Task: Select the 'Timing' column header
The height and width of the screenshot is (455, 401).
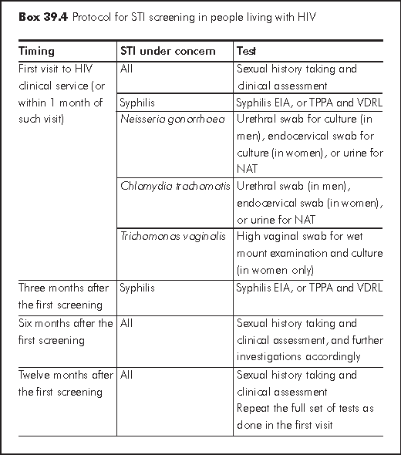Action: tap(36, 52)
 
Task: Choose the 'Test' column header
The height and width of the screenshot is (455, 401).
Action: tap(248, 52)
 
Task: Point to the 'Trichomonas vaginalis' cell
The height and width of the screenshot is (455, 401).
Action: tap(173, 237)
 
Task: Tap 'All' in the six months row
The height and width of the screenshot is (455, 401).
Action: tap(126, 323)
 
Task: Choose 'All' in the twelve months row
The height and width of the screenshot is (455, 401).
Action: tap(126, 376)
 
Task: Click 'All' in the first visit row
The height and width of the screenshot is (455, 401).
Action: tap(126, 69)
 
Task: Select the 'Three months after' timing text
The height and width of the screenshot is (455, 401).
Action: tap(64, 288)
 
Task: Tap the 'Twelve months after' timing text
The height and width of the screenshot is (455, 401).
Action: tap(66, 376)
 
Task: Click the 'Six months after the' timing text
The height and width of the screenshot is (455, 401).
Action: tap(66, 323)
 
